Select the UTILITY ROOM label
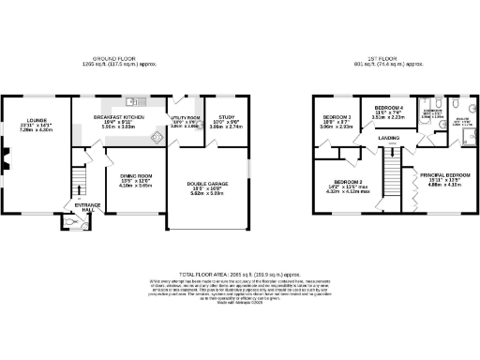(x=186, y=117)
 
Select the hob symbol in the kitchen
(x=156, y=138)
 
